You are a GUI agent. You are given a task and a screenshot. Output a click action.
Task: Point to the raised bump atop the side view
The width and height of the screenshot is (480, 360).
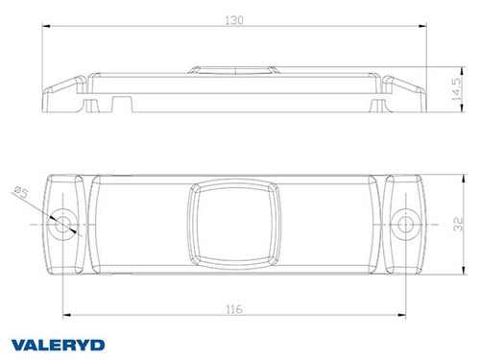[234, 68]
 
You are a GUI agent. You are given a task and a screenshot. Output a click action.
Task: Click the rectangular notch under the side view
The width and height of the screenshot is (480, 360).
[120, 100]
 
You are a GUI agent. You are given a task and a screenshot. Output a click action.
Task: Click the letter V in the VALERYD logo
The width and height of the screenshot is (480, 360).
[15, 344]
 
